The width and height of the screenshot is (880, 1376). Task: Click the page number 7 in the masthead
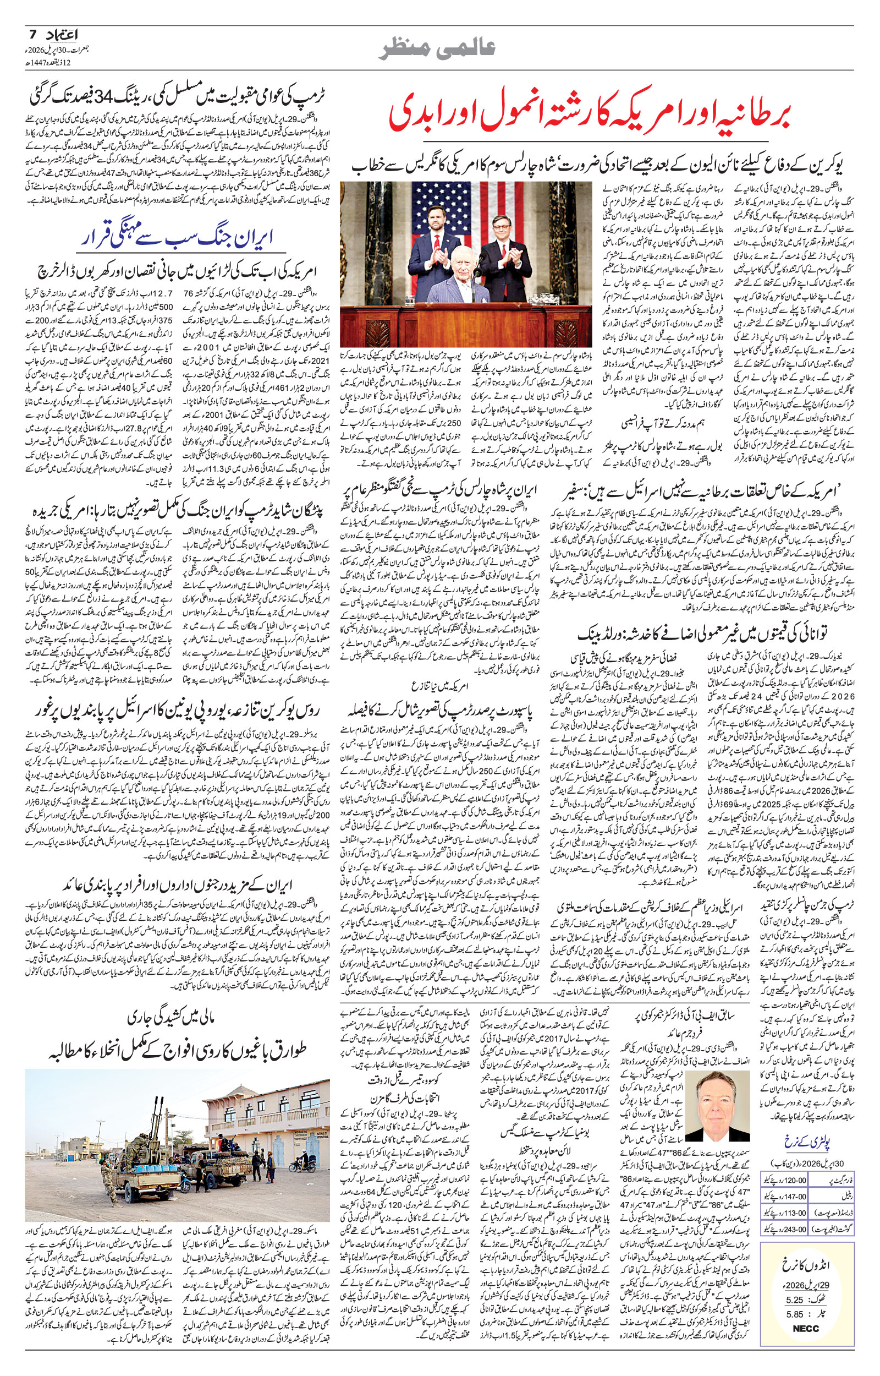(x=32, y=35)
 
